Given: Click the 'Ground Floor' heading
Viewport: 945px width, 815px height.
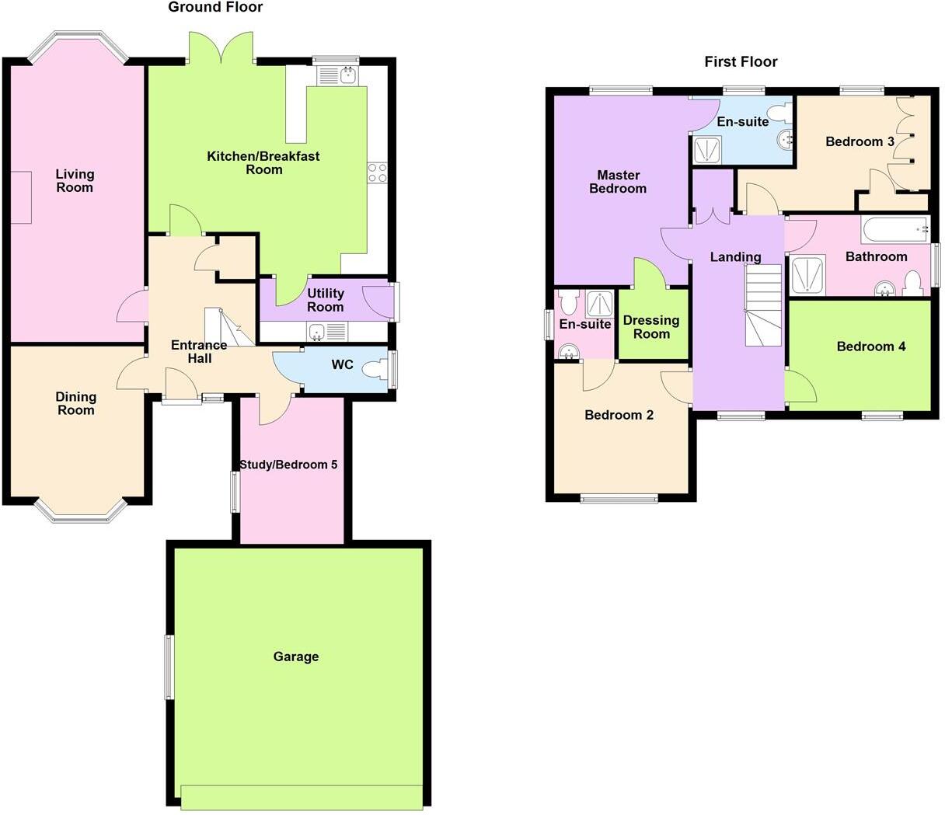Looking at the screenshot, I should click(215, 8).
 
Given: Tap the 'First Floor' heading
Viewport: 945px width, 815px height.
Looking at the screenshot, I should click(741, 62).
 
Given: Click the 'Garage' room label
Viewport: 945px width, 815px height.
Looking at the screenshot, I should click(296, 657).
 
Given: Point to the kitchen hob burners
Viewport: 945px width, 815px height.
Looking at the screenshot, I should click(377, 172).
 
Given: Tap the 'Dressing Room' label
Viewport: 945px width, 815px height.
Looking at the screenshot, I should click(651, 327).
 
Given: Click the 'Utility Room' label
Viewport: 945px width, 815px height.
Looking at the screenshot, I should click(326, 300).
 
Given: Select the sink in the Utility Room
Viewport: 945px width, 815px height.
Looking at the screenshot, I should click(317, 333).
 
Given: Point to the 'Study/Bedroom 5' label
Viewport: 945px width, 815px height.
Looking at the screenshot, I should click(288, 465).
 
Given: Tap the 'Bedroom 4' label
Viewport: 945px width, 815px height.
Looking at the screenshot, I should click(871, 347).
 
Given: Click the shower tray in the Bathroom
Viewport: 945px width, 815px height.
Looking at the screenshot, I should click(808, 275).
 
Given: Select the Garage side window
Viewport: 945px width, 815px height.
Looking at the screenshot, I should click(169, 667).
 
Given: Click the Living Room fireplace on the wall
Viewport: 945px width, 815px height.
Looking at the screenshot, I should click(21, 198).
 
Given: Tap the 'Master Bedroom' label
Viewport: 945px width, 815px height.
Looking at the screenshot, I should click(618, 182).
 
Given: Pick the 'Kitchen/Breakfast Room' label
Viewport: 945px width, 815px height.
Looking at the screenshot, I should click(263, 163).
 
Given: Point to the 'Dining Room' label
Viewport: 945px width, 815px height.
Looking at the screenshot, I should click(76, 404).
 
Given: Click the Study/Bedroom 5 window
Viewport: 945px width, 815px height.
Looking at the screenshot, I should click(235, 492).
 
